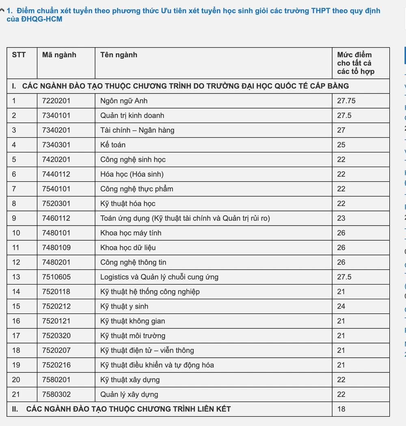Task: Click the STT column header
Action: point(19,55)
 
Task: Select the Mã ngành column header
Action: point(59,55)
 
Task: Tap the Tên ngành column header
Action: point(119,55)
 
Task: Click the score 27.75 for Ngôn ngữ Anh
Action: point(346,101)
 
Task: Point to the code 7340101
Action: point(56,115)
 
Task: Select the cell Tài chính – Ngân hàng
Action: point(137,130)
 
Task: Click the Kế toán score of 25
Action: point(341,145)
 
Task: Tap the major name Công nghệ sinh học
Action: point(133,159)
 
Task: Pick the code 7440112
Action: point(56,174)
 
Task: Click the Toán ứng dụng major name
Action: point(185,218)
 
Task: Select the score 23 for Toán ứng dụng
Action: point(341,218)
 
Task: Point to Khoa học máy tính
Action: point(131,233)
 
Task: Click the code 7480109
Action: point(56,248)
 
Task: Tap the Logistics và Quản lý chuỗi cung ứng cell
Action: point(159,277)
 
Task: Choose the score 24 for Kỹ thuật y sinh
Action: point(341,306)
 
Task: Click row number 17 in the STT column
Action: point(16,336)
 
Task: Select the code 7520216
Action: point(56,365)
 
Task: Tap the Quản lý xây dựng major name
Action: point(129,394)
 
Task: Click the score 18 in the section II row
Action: point(341,409)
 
